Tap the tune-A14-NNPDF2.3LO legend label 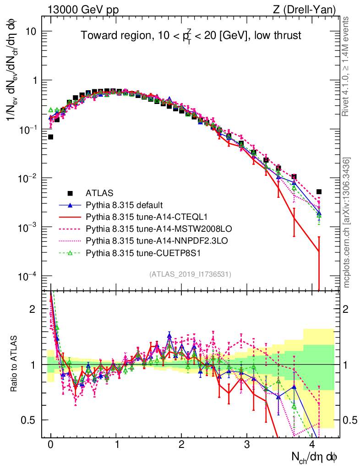point(149,240)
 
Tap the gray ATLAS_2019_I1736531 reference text point(190,274)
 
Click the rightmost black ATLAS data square point(319,192)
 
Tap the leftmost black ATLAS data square point(50,137)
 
